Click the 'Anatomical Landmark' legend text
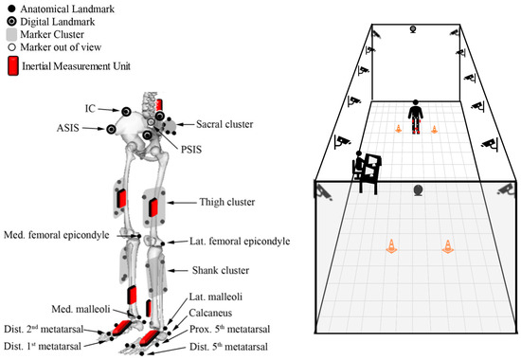68,8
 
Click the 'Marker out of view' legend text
66,47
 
